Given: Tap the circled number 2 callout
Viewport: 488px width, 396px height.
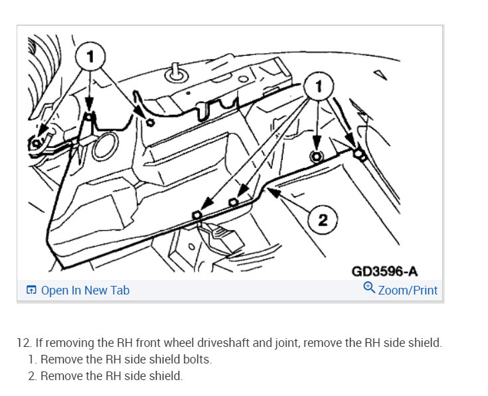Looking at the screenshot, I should [323, 220].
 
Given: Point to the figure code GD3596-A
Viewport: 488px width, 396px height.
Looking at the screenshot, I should [384, 270].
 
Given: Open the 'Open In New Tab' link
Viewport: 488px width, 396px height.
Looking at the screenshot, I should [85, 291].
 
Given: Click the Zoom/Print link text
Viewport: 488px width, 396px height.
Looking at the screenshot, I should [408, 291].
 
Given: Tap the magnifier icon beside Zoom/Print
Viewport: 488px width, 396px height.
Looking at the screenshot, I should [369, 289].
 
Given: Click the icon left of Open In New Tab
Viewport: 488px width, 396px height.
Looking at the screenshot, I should [31, 291].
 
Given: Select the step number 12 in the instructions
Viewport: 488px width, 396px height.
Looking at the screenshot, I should [24, 343].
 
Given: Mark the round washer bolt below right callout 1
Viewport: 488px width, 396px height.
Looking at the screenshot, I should [317, 157].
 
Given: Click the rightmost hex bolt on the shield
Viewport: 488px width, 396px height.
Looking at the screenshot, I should [359, 155].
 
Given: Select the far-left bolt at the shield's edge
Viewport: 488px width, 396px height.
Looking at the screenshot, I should [37, 141].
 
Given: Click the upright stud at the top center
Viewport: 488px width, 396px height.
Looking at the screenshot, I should [177, 71].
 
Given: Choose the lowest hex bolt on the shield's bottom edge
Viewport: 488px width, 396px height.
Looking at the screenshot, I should [197, 216].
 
